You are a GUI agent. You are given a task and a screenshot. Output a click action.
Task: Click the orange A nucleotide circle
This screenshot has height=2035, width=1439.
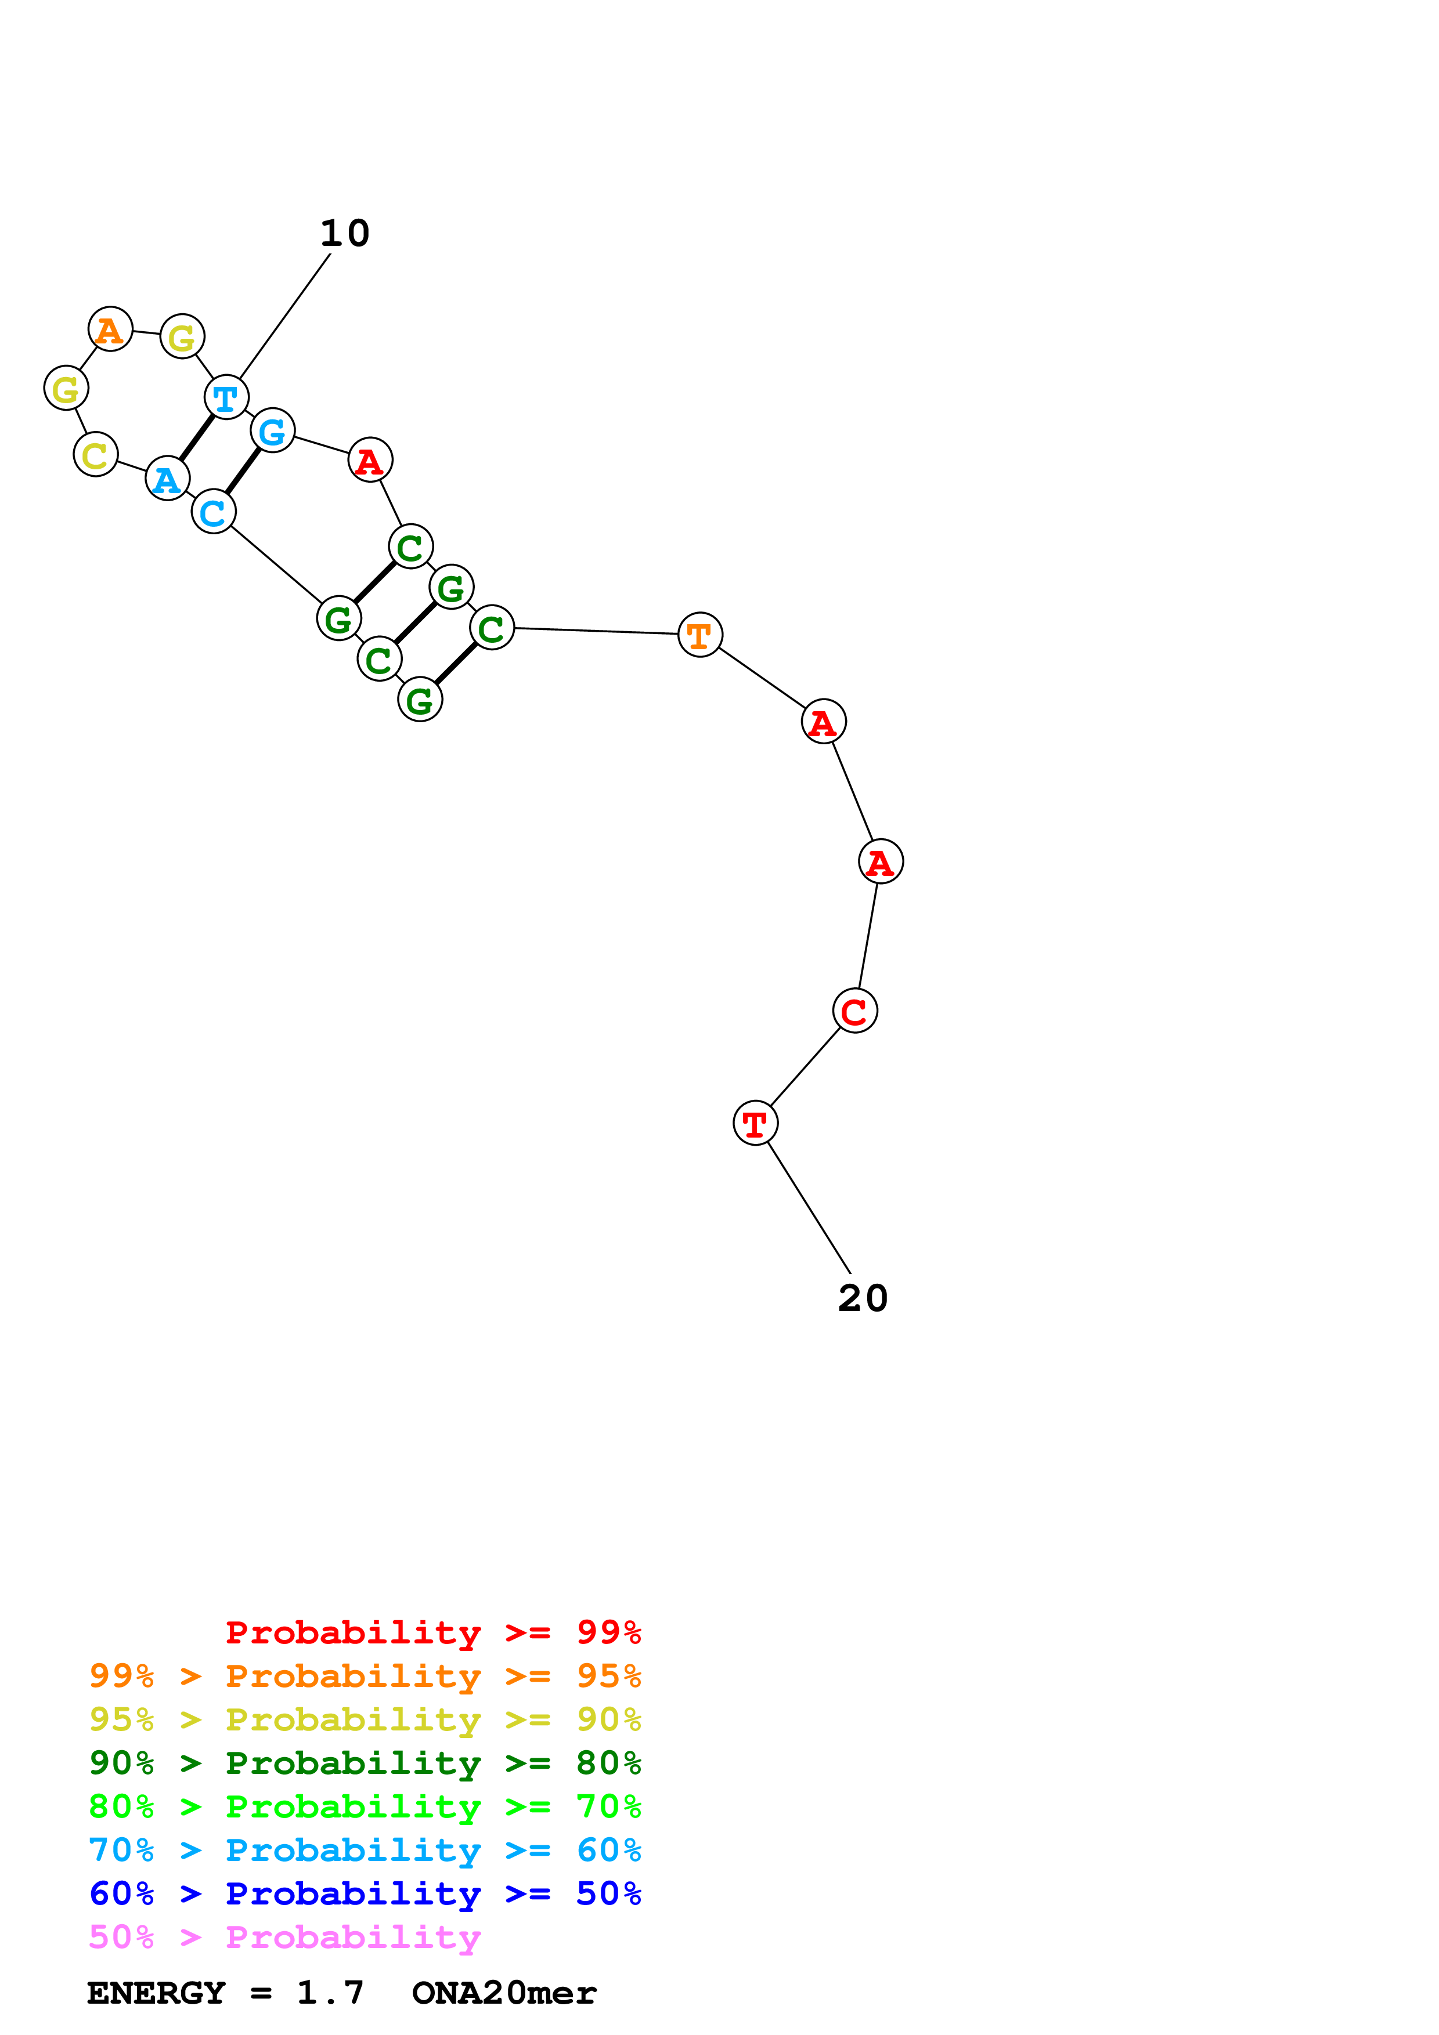[110, 329]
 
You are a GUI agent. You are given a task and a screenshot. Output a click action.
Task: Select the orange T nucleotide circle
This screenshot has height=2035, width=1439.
[699, 635]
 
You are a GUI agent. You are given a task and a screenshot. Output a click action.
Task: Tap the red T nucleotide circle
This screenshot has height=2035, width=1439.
[755, 1123]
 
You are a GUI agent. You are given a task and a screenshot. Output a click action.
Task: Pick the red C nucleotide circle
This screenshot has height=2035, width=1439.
[854, 1011]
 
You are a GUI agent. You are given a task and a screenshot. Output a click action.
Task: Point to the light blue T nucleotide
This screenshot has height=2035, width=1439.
[226, 397]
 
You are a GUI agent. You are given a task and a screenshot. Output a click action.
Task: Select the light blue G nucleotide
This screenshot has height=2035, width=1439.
[272, 431]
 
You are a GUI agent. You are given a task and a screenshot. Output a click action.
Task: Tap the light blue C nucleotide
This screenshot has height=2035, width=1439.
[214, 512]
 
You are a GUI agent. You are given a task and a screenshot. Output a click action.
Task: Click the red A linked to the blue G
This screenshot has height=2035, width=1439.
[370, 460]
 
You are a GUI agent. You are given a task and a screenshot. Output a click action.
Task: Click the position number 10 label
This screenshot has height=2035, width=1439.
[345, 234]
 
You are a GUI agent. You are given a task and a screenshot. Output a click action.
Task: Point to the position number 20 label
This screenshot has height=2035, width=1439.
[863, 1298]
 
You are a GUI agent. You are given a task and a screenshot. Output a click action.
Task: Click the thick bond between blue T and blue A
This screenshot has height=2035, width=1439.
[197, 438]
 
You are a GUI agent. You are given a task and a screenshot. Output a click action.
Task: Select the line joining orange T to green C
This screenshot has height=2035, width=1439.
[596, 631]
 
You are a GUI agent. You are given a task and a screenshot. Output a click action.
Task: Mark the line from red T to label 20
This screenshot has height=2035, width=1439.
[809, 1207]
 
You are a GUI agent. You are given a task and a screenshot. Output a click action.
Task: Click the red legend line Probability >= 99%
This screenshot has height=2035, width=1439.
[432, 1632]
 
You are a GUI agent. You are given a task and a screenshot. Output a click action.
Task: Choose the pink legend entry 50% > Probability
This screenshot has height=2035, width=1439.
[286, 1938]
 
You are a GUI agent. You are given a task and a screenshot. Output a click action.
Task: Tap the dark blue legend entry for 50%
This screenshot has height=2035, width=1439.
[365, 1894]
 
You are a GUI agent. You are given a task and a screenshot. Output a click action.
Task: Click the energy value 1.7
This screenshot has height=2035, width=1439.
[330, 1993]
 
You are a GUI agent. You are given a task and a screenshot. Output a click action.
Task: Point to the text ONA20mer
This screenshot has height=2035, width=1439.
[504, 1993]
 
